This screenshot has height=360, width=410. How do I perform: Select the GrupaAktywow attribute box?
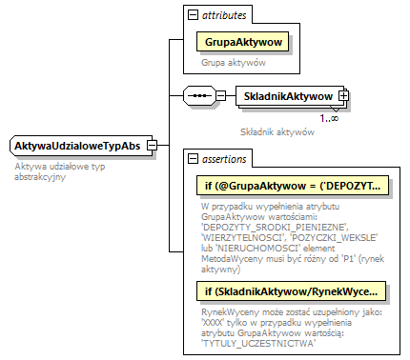242,41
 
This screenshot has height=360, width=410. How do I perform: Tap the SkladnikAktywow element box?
287,96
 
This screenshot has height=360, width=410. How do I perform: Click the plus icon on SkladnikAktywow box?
343,96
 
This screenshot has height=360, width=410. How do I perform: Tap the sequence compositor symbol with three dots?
198,96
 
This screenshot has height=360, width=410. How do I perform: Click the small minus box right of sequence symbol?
221,96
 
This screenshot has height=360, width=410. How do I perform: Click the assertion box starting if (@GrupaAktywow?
292,184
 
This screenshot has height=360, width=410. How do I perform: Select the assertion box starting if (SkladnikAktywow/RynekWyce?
292,290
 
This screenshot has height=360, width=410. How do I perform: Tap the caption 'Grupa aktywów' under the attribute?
234,62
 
